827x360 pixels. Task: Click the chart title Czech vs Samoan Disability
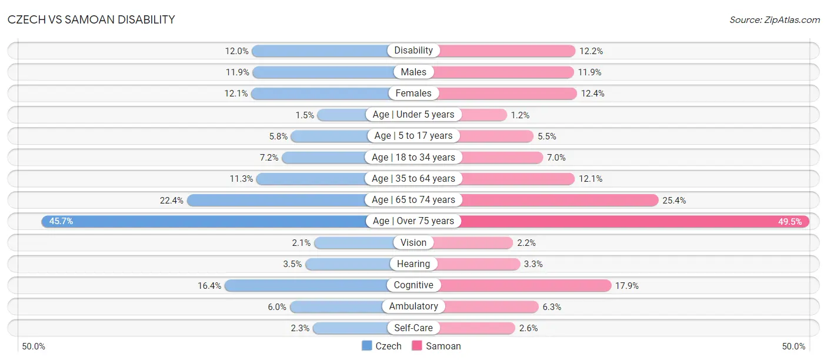click(91, 19)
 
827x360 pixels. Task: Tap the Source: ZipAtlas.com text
click(775, 20)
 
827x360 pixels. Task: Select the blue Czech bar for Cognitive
click(306, 285)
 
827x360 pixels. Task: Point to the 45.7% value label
click(61, 221)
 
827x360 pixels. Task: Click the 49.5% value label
click(790, 222)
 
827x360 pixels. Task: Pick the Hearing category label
click(413, 264)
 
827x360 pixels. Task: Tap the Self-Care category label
click(413, 328)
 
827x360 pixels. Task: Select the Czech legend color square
click(366, 346)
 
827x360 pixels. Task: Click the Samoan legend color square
click(417, 346)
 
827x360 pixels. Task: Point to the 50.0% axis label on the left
click(34, 346)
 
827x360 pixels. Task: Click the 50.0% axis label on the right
click(793, 346)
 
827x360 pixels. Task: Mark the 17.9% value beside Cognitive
click(627, 286)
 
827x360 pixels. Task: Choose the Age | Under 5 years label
click(413, 115)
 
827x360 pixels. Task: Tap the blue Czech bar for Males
click(324, 72)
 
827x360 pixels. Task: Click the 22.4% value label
click(171, 201)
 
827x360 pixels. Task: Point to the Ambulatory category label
click(413, 306)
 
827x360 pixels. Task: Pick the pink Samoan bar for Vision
click(473, 243)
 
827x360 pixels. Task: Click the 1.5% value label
click(305, 115)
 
